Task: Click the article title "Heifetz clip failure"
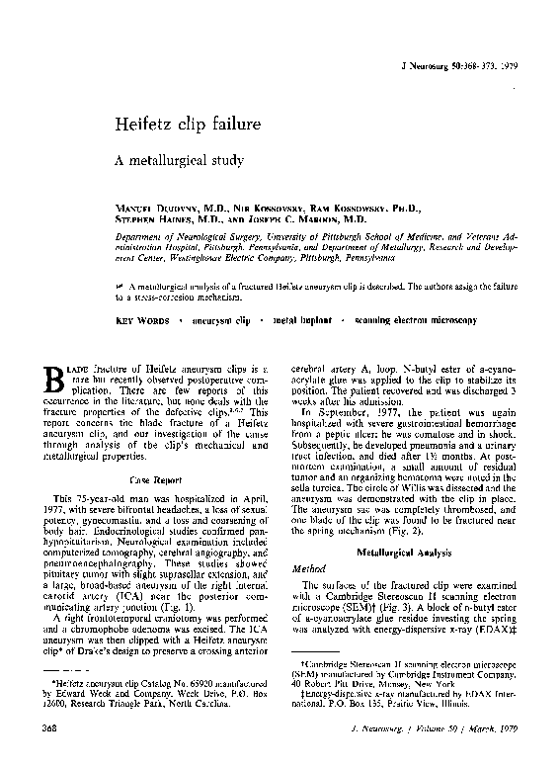pos(188,126)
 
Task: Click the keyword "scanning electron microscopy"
pos(415,321)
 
